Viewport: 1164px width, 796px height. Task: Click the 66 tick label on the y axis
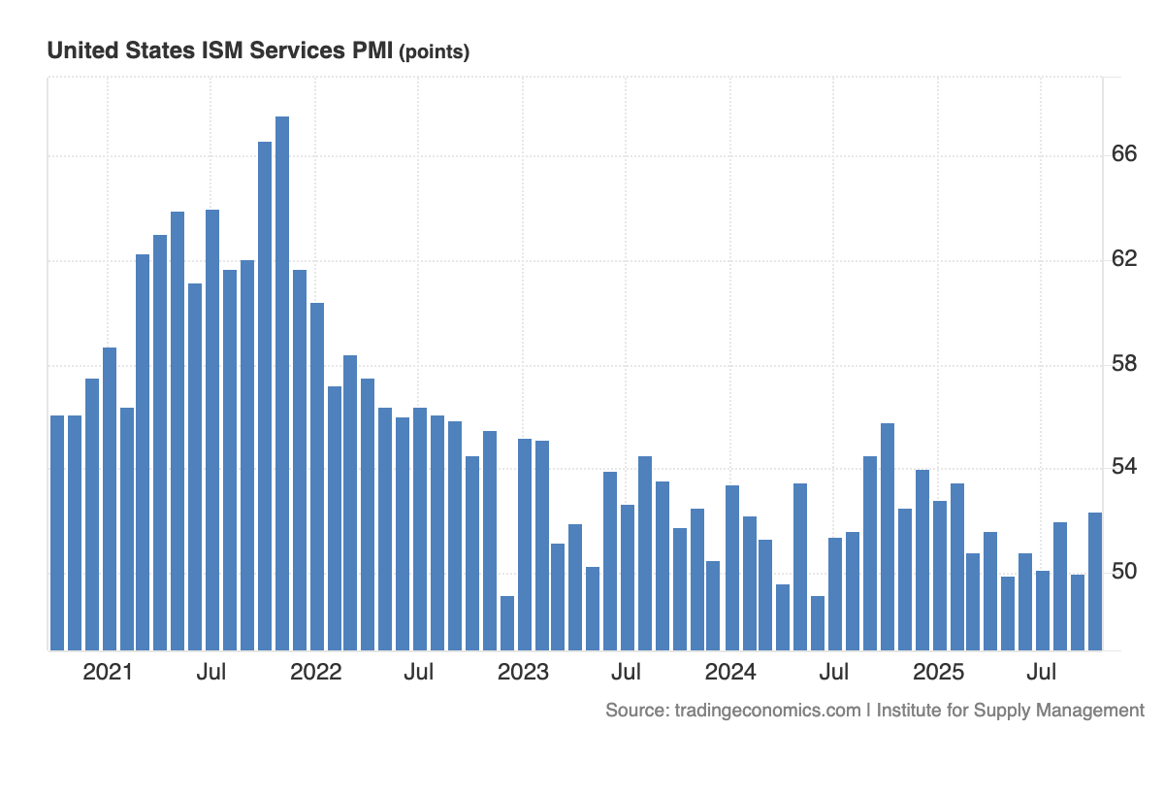1124,155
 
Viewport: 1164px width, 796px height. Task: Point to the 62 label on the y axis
1124,259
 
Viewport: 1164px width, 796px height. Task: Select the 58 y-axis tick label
1124,364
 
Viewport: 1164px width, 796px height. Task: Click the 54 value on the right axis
1124,468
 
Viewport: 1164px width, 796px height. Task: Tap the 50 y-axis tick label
1124,572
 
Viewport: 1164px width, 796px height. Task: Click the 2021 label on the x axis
107,672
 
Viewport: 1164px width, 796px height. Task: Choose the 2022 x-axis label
315,672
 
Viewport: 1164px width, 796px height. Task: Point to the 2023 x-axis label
523,672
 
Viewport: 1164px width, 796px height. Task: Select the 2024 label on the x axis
730,672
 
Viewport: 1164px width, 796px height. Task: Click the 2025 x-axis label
938,672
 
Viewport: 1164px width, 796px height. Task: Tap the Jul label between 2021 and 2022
210,672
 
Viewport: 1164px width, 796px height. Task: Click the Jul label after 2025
1042,672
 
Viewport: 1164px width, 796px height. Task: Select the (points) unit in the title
434,52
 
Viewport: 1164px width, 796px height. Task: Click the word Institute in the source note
910,710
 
